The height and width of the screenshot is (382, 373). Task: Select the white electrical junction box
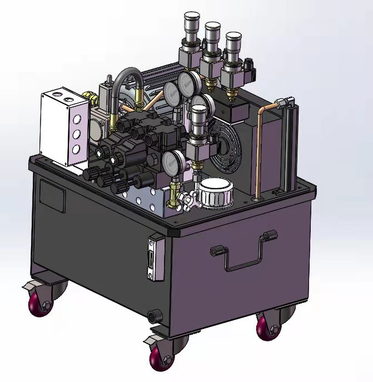(64, 128)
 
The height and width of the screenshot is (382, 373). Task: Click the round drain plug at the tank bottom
(153, 316)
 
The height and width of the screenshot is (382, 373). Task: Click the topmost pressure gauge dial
(191, 84)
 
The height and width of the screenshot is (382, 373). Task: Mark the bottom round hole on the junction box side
(74, 149)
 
